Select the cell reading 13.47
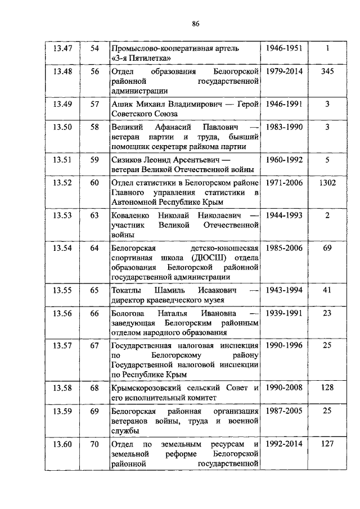click(x=62, y=48)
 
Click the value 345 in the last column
click(x=327, y=72)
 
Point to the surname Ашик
click(x=122, y=104)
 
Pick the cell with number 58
click(x=94, y=128)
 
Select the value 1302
click(x=327, y=183)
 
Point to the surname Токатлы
click(x=128, y=290)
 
